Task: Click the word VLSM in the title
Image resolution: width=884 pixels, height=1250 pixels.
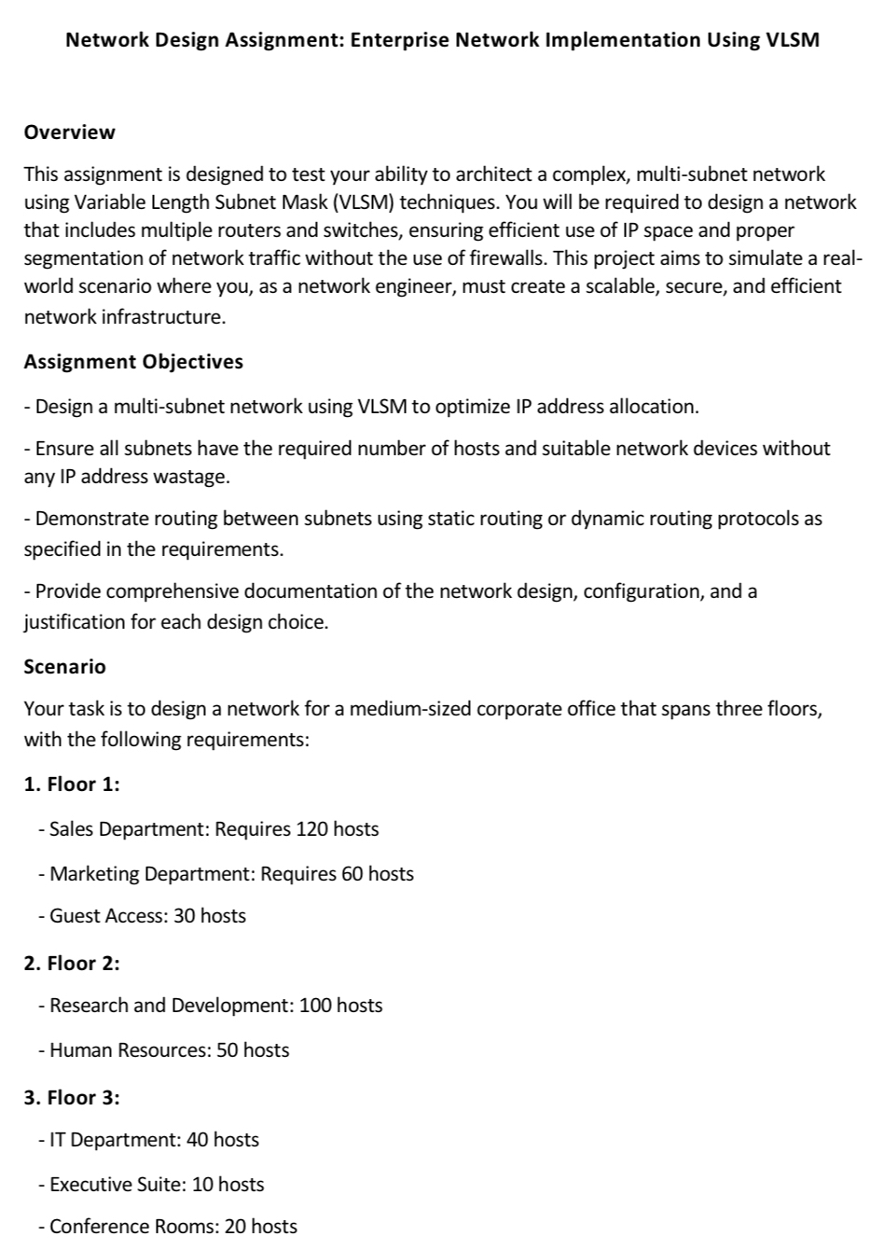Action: [x=792, y=40]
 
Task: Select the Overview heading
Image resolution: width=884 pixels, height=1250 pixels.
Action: [x=70, y=132]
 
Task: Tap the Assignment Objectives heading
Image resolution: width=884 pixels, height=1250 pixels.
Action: [x=133, y=362]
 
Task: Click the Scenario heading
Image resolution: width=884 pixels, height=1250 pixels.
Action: [x=65, y=667]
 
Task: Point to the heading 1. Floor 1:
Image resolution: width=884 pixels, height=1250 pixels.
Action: [x=72, y=785]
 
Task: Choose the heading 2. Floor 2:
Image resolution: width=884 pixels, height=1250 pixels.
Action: [x=72, y=964]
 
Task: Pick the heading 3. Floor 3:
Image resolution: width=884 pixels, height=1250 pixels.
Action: [x=72, y=1098]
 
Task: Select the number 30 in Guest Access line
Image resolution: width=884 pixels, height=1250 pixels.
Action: [x=184, y=916]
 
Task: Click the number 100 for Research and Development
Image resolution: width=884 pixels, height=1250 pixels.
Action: [x=315, y=1006]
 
